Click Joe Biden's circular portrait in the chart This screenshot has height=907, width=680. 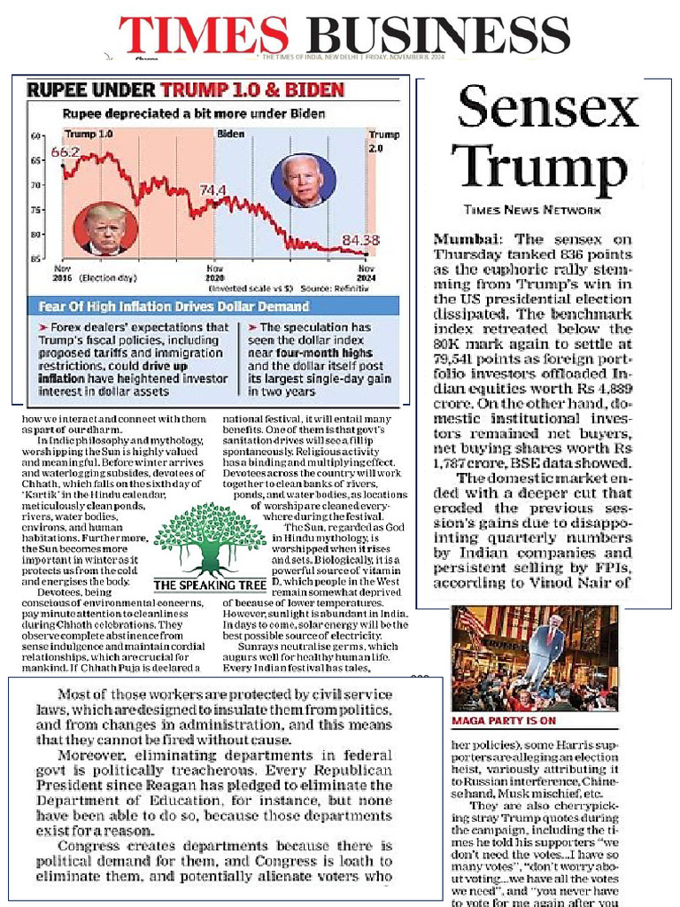[303, 180]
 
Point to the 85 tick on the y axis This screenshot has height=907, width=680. [35, 259]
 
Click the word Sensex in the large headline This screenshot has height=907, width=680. [547, 108]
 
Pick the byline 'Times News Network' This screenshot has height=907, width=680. [531, 210]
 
